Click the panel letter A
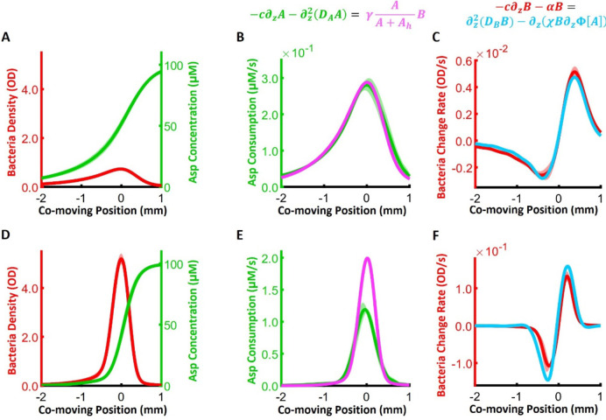tap(7, 38)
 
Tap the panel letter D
tap(7, 234)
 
